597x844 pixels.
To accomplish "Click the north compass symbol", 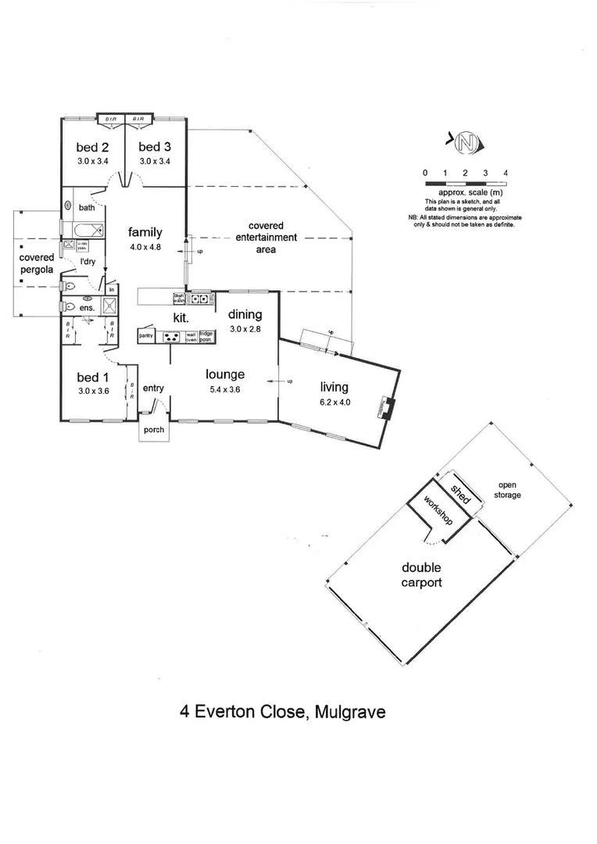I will coord(467,143).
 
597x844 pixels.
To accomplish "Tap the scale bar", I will coord(465,182).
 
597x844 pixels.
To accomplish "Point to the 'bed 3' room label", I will coord(155,147).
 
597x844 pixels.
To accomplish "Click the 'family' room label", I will coord(146,232).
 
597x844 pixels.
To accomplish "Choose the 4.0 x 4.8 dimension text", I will coord(146,246).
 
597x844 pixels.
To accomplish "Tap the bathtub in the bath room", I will coord(85,231).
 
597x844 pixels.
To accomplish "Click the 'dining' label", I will coord(245,315).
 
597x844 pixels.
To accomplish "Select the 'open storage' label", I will coord(509,490).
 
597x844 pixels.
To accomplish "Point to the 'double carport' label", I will coord(422,575).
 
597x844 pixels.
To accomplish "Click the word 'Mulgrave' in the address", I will coord(349,712).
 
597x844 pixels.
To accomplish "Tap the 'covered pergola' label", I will coord(37,263).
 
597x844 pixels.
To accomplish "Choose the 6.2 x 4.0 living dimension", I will coord(334,402).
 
